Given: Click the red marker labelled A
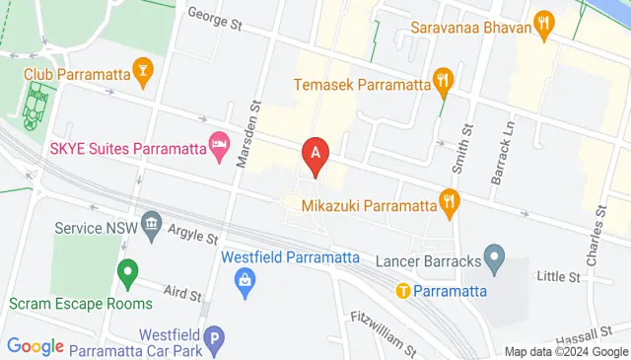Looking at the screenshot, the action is tap(315, 155).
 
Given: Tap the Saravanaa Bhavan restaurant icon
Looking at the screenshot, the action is tap(542, 23).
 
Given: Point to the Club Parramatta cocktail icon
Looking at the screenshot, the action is tap(144, 70).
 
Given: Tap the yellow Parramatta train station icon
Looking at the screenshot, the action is tap(403, 290).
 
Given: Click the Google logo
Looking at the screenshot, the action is tap(35, 346).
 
